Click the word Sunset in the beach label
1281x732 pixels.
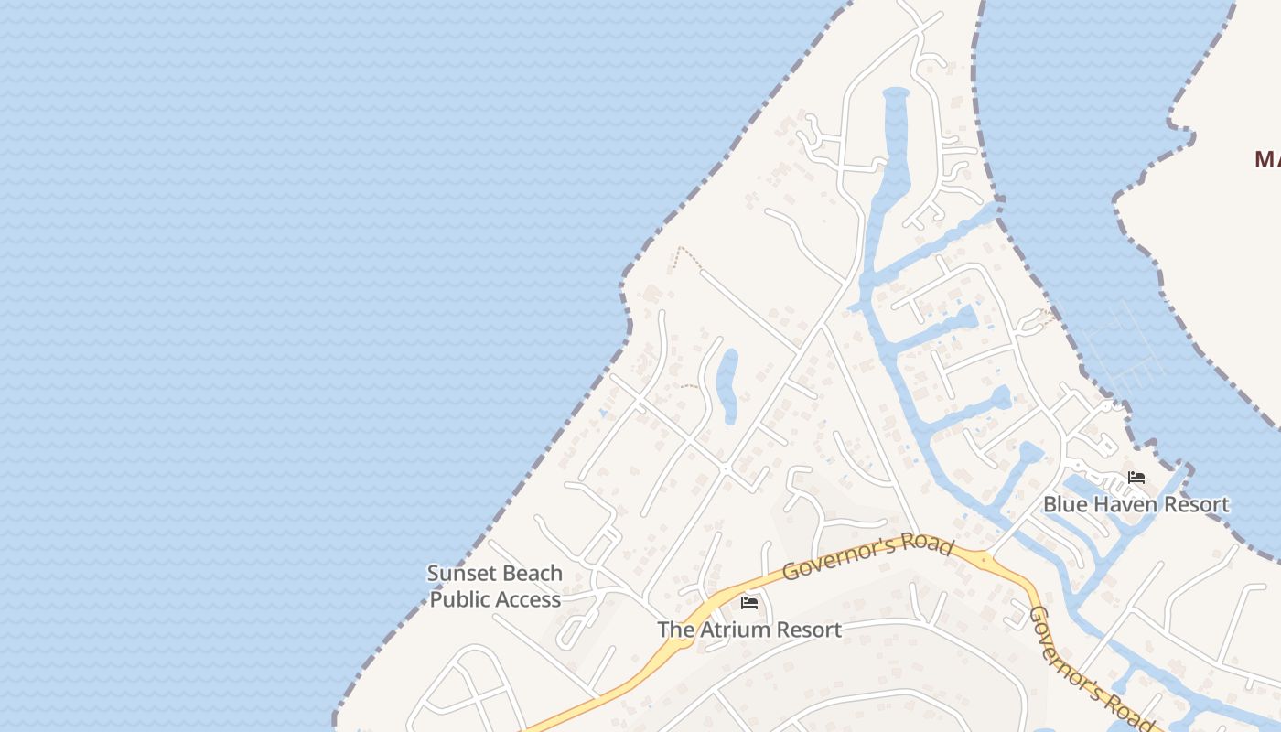pos(457,574)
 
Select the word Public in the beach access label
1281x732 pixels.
pos(460,600)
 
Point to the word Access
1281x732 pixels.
pos(528,600)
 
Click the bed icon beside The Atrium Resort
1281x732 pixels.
pos(749,603)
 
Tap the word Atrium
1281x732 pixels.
pos(733,630)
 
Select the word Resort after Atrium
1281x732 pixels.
pos(808,630)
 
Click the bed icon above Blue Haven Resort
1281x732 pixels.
pos(1136,478)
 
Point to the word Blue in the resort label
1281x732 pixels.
pos(1063,505)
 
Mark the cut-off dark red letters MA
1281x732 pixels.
pos(1267,160)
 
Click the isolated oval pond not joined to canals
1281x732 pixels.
pos(727,385)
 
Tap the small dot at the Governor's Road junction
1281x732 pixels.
pos(985,557)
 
